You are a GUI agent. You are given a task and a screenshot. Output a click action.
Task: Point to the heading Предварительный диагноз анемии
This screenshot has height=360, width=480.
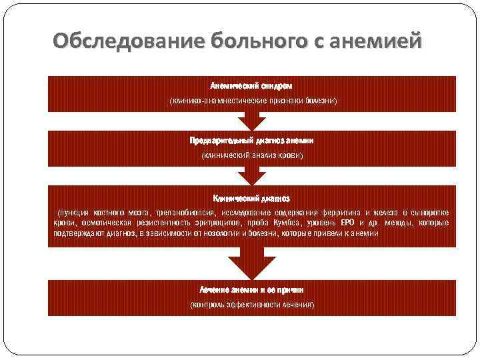(x=251, y=141)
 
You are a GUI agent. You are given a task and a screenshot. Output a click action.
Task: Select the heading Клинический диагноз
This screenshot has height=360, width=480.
(x=251, y=198)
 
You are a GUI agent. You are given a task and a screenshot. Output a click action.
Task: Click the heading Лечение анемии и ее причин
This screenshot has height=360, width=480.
(x=251, y=291)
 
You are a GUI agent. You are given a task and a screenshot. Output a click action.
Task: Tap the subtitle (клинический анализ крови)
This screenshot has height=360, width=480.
(x=251, y=155)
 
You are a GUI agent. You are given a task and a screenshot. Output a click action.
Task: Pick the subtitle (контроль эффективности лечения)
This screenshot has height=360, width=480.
(x=251, y=305)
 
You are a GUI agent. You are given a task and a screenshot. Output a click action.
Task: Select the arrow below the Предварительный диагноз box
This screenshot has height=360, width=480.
(x=251, y=175)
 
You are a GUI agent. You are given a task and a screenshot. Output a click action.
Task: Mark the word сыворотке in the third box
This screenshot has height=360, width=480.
(x=427, y=212)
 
